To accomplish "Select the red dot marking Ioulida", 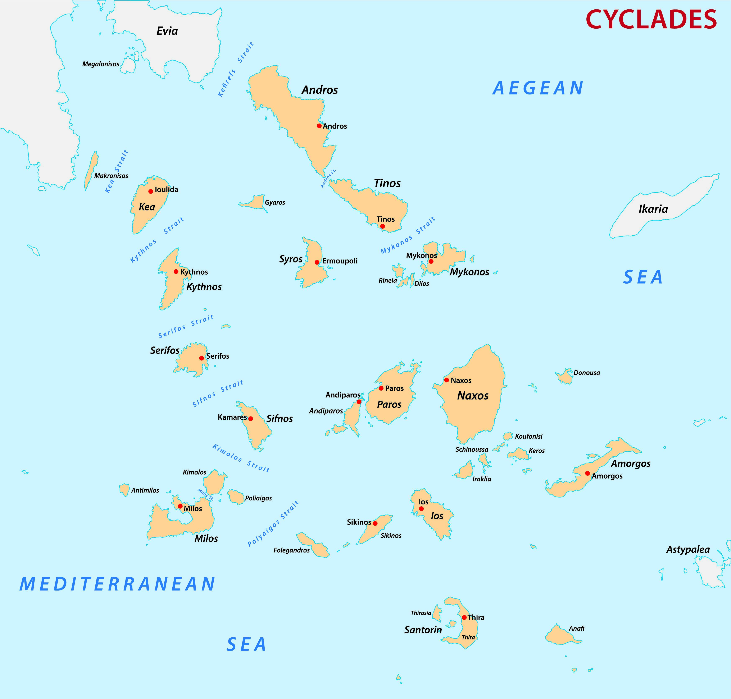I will [x=151, y=191].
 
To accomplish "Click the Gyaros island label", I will [x=275, y=203].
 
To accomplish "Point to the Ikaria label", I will [x=653, y=209].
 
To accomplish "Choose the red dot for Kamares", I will [x=251, y=419].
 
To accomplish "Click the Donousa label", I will [x=587, y=373].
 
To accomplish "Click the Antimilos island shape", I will [x=124, y=490].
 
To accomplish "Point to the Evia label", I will [x=167, y=31].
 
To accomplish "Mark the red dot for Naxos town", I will [x=446, y=380].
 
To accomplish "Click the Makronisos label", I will [x=111, y=176].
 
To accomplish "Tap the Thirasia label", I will [x=421, y=613].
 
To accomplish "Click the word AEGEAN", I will [x=538, y=88].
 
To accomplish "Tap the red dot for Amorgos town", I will [x=587, y=474].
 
